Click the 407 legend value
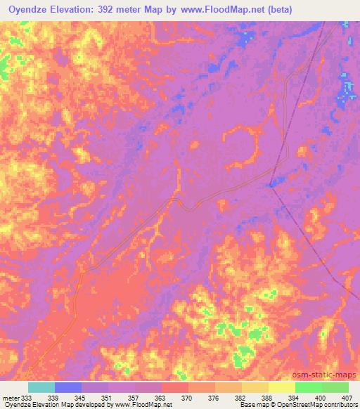tap(345, 398)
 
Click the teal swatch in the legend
tap(41, 387)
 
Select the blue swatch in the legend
tap(67, 387)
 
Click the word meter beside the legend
tap(10, 398)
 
